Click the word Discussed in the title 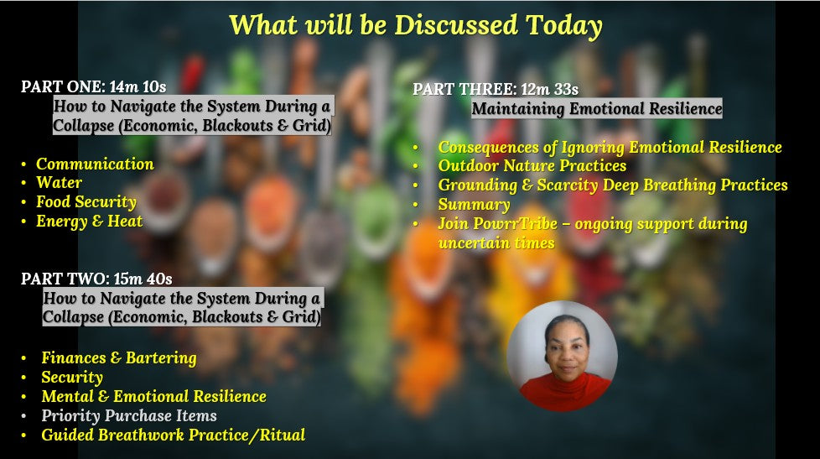(456, 25)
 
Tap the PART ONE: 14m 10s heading (94, 86)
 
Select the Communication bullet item (96, 164)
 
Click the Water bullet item (59, 183)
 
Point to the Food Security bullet (86, 202)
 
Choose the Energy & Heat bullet (90, 222)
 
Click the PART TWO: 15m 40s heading (96, 279)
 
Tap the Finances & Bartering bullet (119, 358)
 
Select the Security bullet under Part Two (72, 378)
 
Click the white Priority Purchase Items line (129, 415)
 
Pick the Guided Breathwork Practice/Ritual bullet (173, 435)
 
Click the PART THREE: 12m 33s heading (496, 89)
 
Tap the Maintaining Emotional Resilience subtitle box (597, 108)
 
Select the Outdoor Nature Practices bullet (532, 166)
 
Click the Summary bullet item (475, 204)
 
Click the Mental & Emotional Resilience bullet (153, 396)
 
